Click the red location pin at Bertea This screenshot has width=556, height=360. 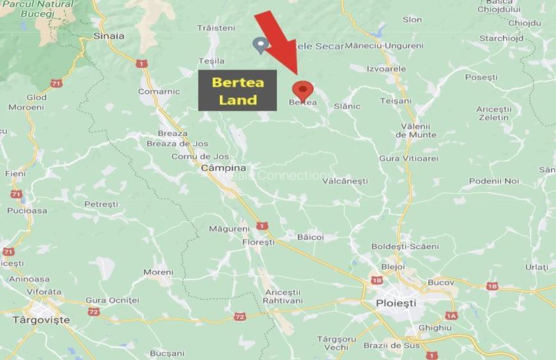click(x=302, y=90)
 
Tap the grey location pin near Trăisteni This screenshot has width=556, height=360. click(x=260, y=44)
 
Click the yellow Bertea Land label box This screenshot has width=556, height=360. click(x=237, y=90)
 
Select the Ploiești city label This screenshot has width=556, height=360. click(x=396, y=302)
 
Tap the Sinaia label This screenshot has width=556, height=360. click(x=109, y=36)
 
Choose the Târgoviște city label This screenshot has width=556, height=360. click(x=42, y=319)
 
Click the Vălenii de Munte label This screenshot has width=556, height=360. click(x=416, y=130)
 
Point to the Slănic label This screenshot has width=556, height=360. click(x=347, y=106)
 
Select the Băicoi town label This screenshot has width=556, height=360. click(x=311, y=237)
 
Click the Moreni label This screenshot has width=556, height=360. click(x=158, y=272)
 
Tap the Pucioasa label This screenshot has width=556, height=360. click(x=27, y=210)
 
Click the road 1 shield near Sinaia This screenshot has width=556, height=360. click(x=141, y=63)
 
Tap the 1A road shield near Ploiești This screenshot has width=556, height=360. click(x=451, y=315)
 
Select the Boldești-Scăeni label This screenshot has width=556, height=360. click(x=405, y=246)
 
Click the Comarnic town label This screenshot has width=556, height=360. click(x=159, y=91)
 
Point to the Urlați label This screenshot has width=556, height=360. click(x=537, y=267)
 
